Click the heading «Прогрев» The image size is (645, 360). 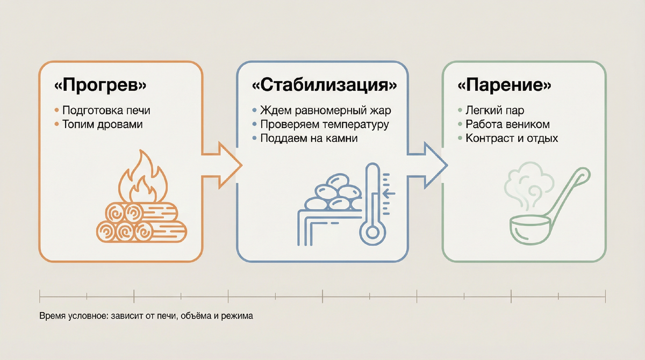[x=101, y=86]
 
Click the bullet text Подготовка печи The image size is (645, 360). [x=106, y=111]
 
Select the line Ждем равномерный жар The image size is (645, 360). [x=325, y=111]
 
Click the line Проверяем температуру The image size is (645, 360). [x=324, y=125]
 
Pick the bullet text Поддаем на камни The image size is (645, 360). [x=309, y=139]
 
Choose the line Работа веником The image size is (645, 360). [x=508, y=125]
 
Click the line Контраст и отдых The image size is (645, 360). [x=512, y=139]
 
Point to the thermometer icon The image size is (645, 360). [x=372, y=204]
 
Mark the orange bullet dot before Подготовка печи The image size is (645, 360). [x=57, y=111]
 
